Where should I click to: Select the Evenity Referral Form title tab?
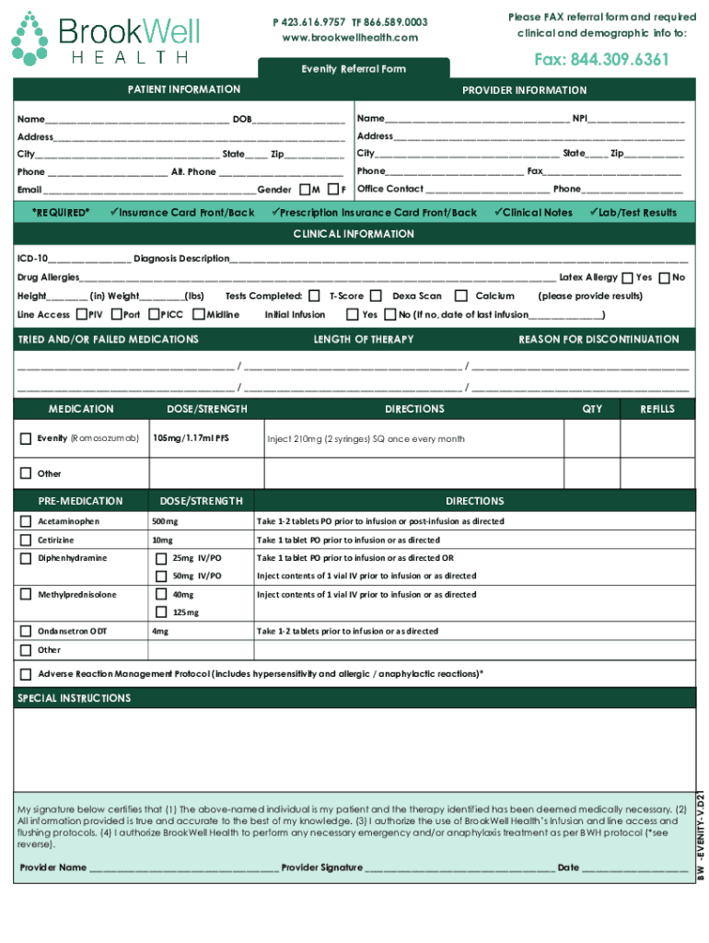click(x=354, y=69)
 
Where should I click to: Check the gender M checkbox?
click(x=305, y=190)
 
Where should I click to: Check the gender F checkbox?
click(x=333, y=190)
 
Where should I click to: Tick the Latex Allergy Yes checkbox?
click(x=627, y=278)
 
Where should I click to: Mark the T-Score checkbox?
click(x=315, y=297)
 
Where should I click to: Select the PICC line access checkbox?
click(x=152, y=314)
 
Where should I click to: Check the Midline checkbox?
click(x=199, y=314)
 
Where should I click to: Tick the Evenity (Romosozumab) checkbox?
click(x=26, y=439)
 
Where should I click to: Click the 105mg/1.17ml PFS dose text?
click(x=191, y=439)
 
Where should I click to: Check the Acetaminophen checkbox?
click(x=26, y=521)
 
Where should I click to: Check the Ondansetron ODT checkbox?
click(x=26, y=632)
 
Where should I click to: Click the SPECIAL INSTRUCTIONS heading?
click(x=75, y=699)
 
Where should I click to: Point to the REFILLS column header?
click(x=657, y=409)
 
